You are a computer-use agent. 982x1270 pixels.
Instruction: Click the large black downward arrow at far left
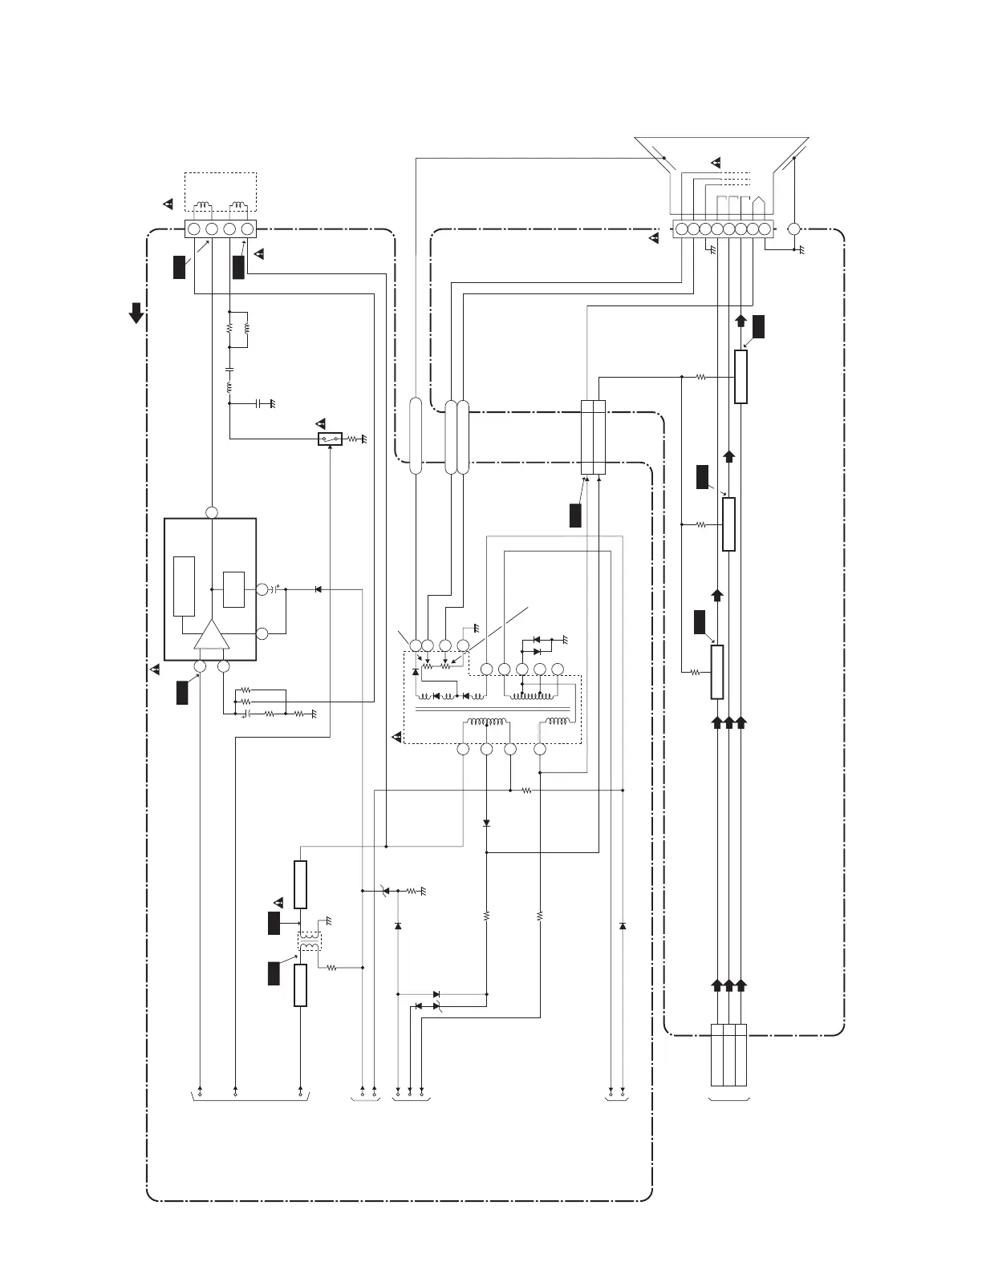(x=137, y=313)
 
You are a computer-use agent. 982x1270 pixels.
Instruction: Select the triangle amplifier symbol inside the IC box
(x=212, y=635)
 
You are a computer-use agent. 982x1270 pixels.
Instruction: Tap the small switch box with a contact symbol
(x=330, y=439)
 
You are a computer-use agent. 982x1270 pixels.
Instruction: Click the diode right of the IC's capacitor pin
(x=318, y=589)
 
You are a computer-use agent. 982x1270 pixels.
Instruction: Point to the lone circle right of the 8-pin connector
(x=794, y=229)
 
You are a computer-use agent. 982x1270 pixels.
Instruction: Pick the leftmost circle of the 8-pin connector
(x=681, y=229)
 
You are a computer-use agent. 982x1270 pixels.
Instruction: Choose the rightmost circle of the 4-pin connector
(x=247, y=229)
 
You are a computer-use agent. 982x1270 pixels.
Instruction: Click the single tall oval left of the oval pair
(x=416, y=435)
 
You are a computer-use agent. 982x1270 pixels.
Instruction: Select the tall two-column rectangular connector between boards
(x=593, y=438)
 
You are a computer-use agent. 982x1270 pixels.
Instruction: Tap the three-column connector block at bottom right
(x=728, y=1054)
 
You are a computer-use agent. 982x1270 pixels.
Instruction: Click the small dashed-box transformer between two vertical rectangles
(x=309, y=941)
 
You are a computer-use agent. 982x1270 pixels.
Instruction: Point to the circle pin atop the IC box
(x=212, y=513)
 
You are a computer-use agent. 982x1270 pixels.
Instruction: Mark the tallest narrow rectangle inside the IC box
(x=185, y=586)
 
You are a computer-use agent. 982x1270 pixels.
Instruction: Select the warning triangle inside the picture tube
(x=716, y=164)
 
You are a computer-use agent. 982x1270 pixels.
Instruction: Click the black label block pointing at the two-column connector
(x=575, y=515)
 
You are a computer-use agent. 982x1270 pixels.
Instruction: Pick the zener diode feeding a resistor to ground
(x=386, y=890)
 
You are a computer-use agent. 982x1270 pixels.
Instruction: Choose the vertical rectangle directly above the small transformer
(x=300, y=884)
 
